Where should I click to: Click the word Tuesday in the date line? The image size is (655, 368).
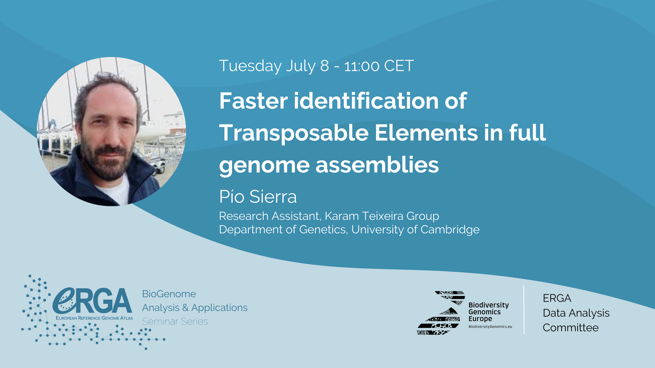(x=250, y=66)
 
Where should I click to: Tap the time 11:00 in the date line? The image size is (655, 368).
(x=362, y=66)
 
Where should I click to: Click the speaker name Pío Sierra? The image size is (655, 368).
(x=258, y=197)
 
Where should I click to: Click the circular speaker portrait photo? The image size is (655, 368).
(x=111, y=131)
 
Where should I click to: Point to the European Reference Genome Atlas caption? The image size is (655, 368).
(x=94, y=318)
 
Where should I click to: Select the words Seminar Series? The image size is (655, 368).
(x=175, y=321)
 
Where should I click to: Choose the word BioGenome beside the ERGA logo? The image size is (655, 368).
(x=169, y=294)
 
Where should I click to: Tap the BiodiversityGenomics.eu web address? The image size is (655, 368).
(x=490, y=327)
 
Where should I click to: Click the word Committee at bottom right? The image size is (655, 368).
(x=570, y=328)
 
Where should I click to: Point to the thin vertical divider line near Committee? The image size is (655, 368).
(x=524, y=310)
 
